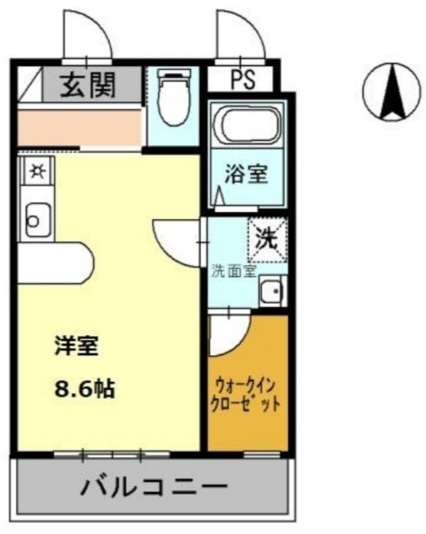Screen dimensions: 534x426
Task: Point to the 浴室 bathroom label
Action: tap(246, 175)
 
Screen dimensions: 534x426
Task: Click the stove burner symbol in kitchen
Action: tap(35, 172)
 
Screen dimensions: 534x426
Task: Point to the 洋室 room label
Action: tap(76, 346)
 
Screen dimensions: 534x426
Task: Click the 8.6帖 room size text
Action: tap(84, 388)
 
